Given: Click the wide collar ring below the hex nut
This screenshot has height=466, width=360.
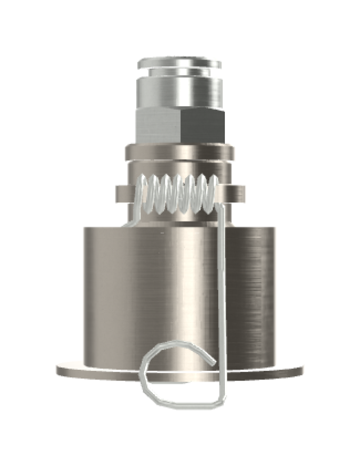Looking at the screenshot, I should pyautogui.click(x=180, y=153).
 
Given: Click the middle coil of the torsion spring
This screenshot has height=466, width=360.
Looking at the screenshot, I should pyautogui.click(x=178, y=194).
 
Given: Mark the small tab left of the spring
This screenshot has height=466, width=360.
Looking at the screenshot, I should pyautogui.click(x=120, y=194).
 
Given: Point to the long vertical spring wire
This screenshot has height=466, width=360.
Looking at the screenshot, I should pyautogui.click(x=222, y=290).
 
